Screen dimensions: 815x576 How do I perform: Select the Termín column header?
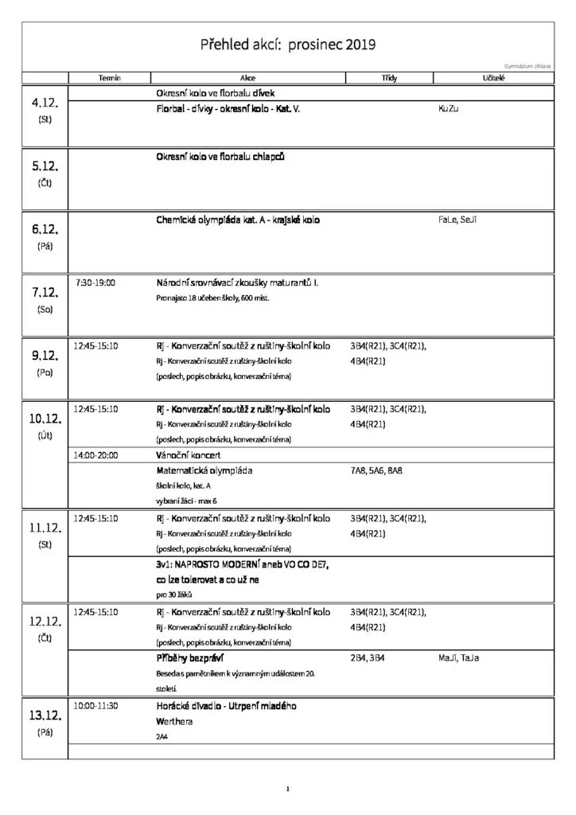109,78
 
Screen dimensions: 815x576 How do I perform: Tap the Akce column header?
247,78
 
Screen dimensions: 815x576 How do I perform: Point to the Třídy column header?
389,78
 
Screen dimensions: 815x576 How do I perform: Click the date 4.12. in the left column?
45,104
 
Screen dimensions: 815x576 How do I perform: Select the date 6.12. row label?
45,230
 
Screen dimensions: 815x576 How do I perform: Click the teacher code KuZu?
449,108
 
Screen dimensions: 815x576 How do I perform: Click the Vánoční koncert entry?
190,454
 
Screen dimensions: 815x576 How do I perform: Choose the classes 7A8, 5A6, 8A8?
376,470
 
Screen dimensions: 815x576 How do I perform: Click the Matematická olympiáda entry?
204,470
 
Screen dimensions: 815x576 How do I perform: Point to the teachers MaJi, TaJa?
458,658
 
